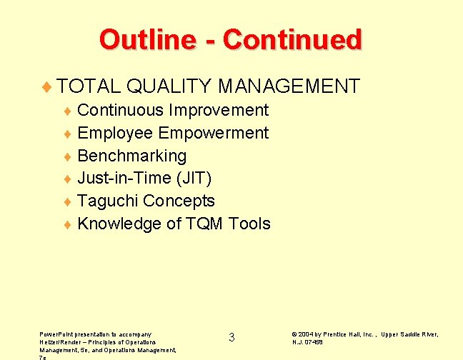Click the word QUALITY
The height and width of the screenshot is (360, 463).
pyautogui.click(x=169, y=87)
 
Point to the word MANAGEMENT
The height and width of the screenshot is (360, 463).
pyautogui.click(x=289, y=87)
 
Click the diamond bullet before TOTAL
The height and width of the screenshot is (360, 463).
pyautogui.click(x=48, y=88)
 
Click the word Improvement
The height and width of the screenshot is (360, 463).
pyautogui.click(x=219, y=110)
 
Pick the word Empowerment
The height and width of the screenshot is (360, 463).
pyautogui.click(x=214, y=133)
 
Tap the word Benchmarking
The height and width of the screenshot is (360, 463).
pyautogui.click(x=131, y=156)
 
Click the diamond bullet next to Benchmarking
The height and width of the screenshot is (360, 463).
pyautogui.click(x=68, y=156)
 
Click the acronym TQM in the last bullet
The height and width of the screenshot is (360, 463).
pyautogui.click(x=205, y=224)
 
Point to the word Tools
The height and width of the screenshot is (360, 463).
pyautogui.click(x=249, y=224)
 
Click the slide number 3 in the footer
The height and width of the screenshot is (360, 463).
pyautogui.click(x=231, y=337)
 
